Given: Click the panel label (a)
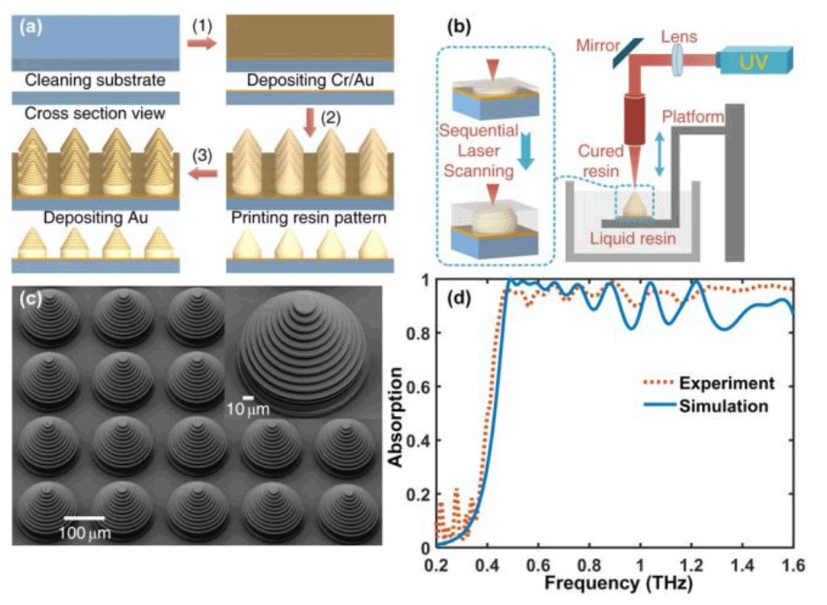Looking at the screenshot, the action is pos(31,27).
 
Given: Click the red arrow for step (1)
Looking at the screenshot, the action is pos(202,42).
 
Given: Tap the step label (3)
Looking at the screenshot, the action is pos(202,155).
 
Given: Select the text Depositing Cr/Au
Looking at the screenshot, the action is pos(310,80).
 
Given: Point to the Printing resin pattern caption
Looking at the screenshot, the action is pos(309,218).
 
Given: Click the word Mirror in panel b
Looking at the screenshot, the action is pos(598,45).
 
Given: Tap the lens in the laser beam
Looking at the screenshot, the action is pos(678,59).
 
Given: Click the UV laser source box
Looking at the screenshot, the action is pos(754,60).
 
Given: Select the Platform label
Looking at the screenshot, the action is pos(693,116).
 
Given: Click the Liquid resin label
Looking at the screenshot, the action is pos(632,238).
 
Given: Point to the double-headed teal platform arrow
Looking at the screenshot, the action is pos(659,153).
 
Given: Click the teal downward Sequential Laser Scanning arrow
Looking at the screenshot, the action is pos(525,151).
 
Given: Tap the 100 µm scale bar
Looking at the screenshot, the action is pos(85,518).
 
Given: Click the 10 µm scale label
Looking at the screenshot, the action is pos(248,409).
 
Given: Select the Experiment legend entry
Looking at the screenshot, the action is pos(709,383).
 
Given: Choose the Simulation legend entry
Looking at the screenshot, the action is pos(705,407).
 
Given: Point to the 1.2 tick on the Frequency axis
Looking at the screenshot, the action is pos(691,565).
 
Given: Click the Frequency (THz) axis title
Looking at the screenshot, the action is pos(618,583).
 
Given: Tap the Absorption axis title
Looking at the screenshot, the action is pos(395,416).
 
